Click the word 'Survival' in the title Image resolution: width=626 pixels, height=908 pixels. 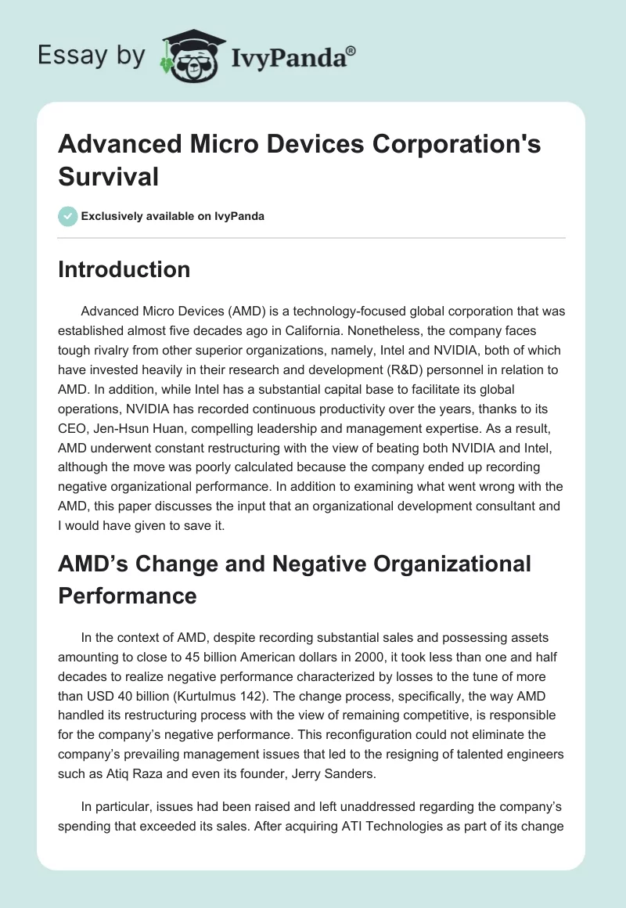click(109, 177)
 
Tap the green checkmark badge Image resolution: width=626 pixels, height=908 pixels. click(68, 216)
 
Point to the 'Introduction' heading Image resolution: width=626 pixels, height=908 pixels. click(124, 269)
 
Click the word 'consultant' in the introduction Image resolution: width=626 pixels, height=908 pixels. click(459, 506)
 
